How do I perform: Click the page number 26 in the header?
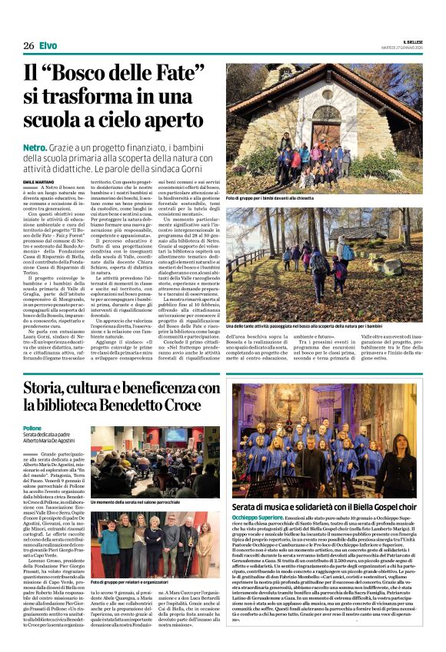(x=28, y=46)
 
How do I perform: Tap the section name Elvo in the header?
(x=48, y=46)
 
